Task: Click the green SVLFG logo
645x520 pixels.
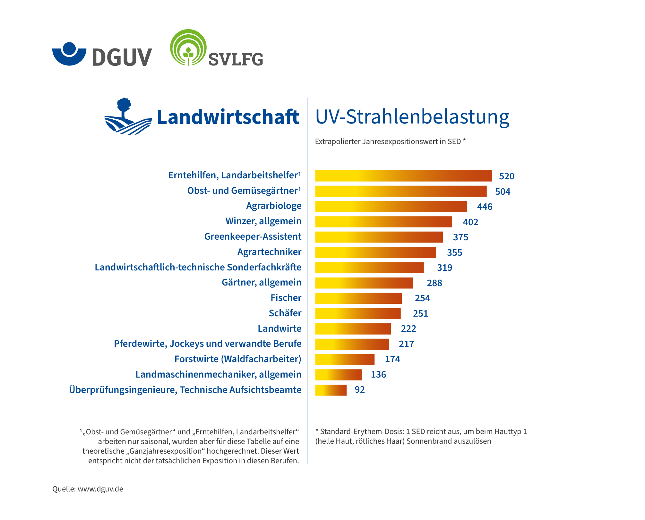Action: pyautogui.click(x=216, y=49)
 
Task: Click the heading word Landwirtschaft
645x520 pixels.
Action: pyautogui.click(x=228, y=117)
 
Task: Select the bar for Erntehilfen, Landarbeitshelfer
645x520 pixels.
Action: pyautogui.click(x=403, y=176)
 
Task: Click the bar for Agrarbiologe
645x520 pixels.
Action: pyautogui.click(x=391, y=207)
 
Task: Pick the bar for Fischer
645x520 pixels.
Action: pyautogui.click(x=358, y=298)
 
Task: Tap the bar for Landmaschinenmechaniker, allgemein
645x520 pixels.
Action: pyautogui.click(x=338, y=375)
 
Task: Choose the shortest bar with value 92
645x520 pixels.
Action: pyautogui.click(x=331, y=390)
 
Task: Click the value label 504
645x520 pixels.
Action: pyautogui.click(x=503, y=192)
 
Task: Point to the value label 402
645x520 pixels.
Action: pyautogui.click(x=470, y=222)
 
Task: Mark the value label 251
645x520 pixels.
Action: pyautogui.click(x=420, y=313)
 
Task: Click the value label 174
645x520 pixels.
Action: pyautogui.click(x=392, y=359)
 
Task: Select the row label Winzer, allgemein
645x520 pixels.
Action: pyautogui.click(x=263, y=221)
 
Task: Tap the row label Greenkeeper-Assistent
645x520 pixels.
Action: pyautogui.click(x=253, y=237)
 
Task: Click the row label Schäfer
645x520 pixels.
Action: pyautogui.click(x=285, y=313)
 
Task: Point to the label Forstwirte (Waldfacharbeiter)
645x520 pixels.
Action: pyautogui.click(x=238, y=359)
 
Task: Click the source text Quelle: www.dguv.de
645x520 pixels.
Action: pyautogui.click(x=88, y=489)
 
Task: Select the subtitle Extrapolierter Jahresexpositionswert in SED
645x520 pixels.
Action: pyautogui.click(x=390, y=141)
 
